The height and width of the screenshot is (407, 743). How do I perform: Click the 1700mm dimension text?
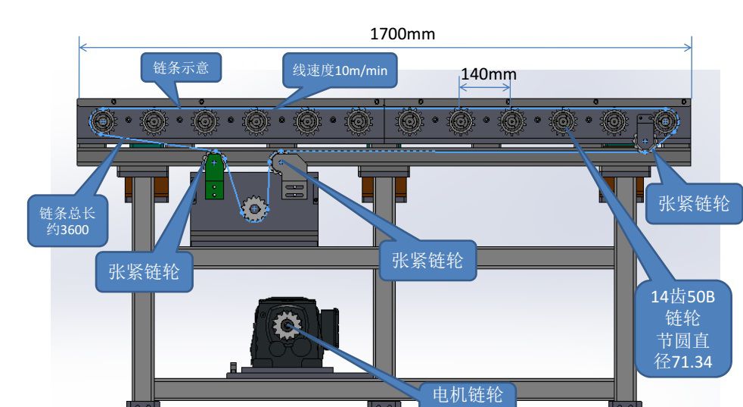coord(402,34)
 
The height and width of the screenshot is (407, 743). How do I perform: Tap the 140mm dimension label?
coord(488,74)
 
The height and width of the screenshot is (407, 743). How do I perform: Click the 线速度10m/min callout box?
coord(339,70)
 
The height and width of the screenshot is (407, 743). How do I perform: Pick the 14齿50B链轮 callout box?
coord(682,328)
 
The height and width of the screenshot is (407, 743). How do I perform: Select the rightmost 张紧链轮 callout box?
coord(694,203)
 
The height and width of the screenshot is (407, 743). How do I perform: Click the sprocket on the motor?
coord(287,326)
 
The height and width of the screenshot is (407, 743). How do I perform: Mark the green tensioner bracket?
coord(215,177)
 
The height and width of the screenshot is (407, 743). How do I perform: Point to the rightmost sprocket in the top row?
coord(666,121)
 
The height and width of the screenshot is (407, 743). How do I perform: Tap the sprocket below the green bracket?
coord(253,208)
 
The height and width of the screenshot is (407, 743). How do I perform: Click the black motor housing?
coord(291,333)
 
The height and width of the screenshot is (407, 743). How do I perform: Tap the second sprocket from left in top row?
coord(154,121)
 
